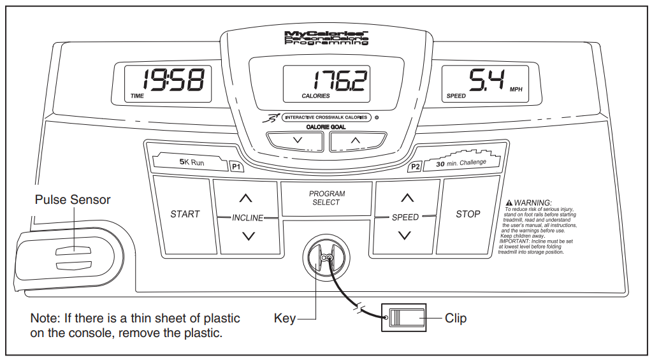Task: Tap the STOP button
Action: [x=468, y=215]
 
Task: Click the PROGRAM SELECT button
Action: [x=327, y=198]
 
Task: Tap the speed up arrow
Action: [x=405, y=198]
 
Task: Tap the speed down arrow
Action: [x=405, y=235]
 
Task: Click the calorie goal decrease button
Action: [x=296, y=140]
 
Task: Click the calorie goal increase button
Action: [x=356, y=140]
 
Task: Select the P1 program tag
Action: [x=236, y=167]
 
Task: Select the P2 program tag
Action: [x=416, y=167]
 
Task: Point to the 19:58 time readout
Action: [x=173, y=80]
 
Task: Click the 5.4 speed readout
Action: [x=486, y=80]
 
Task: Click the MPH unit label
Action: [x=517, y=90]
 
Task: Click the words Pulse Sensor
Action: [x=73, y=200]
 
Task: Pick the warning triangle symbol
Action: [x=509, y=202]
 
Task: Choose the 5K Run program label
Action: [x=191, y=163]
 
